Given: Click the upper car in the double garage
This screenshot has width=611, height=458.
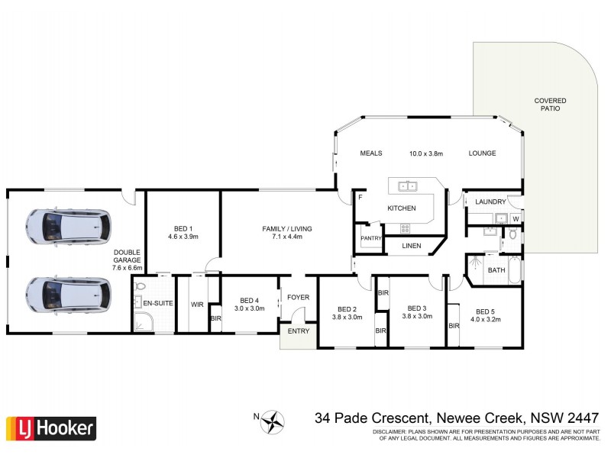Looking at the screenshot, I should click(x=67, y=226).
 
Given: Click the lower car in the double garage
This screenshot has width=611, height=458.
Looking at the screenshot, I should click(x=67, y=292).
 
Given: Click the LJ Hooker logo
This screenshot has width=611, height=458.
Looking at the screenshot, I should click(x=51, y=427).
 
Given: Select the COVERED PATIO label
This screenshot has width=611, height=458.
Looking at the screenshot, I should click(x=550, y=105).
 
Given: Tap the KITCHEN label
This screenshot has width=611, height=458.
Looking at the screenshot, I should click(x=402, y=208).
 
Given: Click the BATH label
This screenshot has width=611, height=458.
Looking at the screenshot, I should click(x=496, y=269).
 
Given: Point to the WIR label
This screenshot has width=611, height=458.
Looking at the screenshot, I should click(x=197, y=304).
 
